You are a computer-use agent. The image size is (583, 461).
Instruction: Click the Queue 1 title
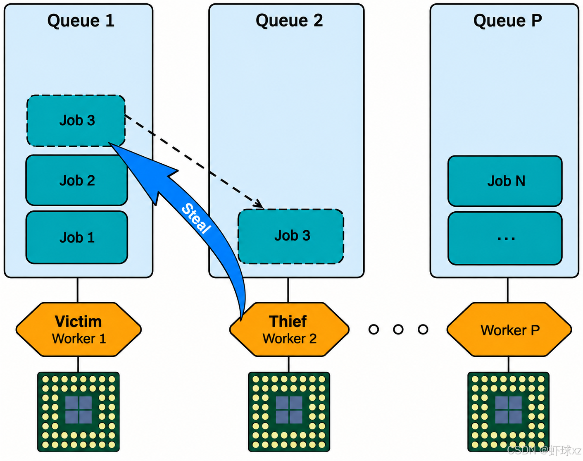[81, 21]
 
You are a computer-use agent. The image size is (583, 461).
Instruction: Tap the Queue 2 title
[289, 21]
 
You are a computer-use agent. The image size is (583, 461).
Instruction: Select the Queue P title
[507, 21]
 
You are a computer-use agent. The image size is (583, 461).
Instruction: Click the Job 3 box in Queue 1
[76, 121]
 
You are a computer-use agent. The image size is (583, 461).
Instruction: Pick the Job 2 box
[77, 180]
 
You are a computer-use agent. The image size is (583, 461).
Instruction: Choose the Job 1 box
[77, 237]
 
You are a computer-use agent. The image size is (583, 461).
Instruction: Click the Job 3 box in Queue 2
[291, 236]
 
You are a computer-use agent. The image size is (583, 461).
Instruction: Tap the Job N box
[505, 181]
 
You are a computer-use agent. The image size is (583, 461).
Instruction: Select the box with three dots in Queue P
[505, 239]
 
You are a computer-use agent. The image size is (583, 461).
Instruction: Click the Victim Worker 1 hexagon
[79, 330]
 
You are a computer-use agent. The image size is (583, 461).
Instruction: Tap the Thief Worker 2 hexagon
[289, 330]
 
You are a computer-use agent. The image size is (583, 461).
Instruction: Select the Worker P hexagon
[509, 330]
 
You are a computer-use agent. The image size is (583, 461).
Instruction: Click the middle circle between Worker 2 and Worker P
[398, 330]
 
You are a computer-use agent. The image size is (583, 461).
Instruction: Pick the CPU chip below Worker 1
[78, 412]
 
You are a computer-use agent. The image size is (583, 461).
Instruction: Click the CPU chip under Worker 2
[289, 412]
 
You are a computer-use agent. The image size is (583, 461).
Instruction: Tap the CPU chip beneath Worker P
[509, 412]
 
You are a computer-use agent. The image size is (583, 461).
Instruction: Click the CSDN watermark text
[544, 450]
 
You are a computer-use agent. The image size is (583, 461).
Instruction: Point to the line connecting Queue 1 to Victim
[78, 290]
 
